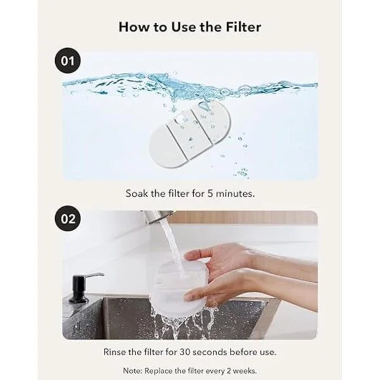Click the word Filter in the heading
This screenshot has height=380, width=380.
(x=243, y=27)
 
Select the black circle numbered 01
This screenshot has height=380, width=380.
(x=67, y=61)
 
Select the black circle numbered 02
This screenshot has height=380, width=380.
(x=67, y=218)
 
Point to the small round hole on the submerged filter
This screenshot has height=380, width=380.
(x=180, y=117)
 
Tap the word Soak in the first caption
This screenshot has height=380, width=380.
(x=137, y=194)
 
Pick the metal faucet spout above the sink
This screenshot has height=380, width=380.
(x=157, y=217)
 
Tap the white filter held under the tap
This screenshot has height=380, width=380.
(x=179, y=287)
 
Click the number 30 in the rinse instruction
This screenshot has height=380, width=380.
(x=185, y=352)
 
